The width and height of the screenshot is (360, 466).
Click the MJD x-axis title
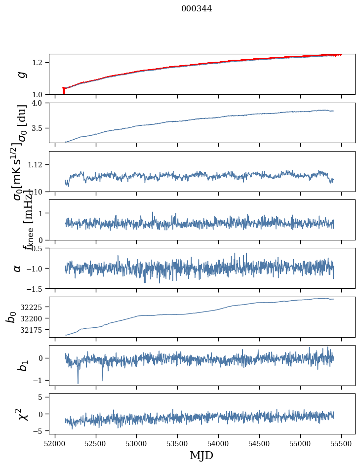coord(201,456)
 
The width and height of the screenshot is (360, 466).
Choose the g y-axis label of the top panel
coord(21,75)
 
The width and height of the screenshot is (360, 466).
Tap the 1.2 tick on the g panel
coord(39,63)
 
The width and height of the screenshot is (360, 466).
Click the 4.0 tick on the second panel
coord(39,103)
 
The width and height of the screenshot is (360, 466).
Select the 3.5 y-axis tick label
coord(39,128)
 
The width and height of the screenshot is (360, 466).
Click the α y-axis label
coord(18,268)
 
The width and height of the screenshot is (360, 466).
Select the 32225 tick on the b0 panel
coord(34,307)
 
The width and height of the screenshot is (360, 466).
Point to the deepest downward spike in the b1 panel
coord(78,383)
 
